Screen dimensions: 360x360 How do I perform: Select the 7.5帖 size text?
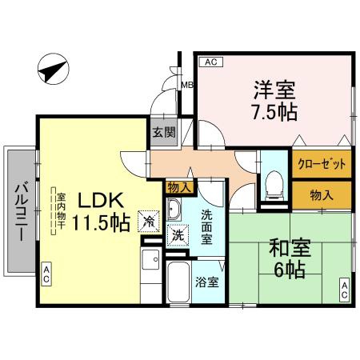[x=272, y=112]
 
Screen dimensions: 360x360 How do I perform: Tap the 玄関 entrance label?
[x=166, y=133]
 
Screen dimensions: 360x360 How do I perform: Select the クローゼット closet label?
[x=321, y=164]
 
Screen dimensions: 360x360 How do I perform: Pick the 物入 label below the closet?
[x=321, y=194]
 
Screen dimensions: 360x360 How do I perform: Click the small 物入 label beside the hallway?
[x=178, y=187]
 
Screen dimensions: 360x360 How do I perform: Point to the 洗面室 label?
[x=206, y=226]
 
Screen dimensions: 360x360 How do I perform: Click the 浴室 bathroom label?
[x=207, y=282]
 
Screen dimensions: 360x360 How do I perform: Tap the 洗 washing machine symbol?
[x=177, y=238]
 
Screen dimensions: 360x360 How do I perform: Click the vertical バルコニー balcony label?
[x=18, y=215]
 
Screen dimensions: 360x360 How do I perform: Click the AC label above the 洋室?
[x=210, y=61]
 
